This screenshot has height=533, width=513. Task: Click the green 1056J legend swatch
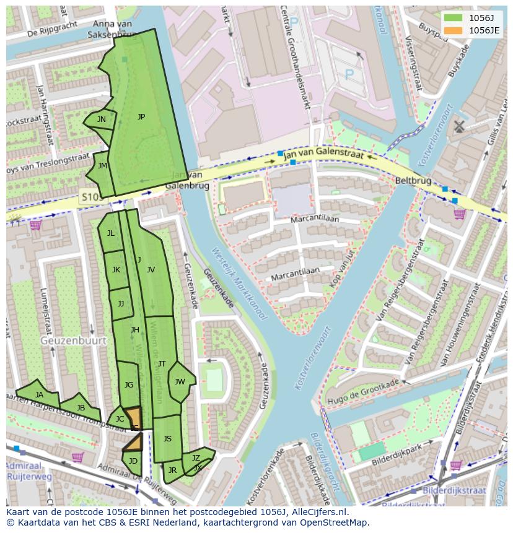click(x=453, y=17)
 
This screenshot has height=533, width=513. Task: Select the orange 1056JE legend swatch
click(x=453, y=30)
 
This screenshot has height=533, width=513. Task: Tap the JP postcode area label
click(x=141, y=117)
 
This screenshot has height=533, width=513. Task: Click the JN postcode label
click(x=102, y=119)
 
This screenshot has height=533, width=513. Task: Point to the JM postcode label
click(x=103, y=166)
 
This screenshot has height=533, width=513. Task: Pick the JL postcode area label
click(x=110, y=233)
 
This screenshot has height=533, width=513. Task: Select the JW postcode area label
click(x=180, y=382)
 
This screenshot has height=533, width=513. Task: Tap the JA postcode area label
click(x=40, y=395)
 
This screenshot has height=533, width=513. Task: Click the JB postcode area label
click(x=81, y=408)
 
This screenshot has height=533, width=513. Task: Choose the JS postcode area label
click(x=167, y=439)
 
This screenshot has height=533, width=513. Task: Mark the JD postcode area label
click(x=133, y=461)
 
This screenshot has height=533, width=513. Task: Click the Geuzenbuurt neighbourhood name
click(x=73, y=340)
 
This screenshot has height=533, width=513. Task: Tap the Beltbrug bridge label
click(x=413, y=181)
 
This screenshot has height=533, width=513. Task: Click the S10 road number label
click(x=89, y=197)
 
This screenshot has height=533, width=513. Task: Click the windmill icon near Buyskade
click(x=458, y=126)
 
